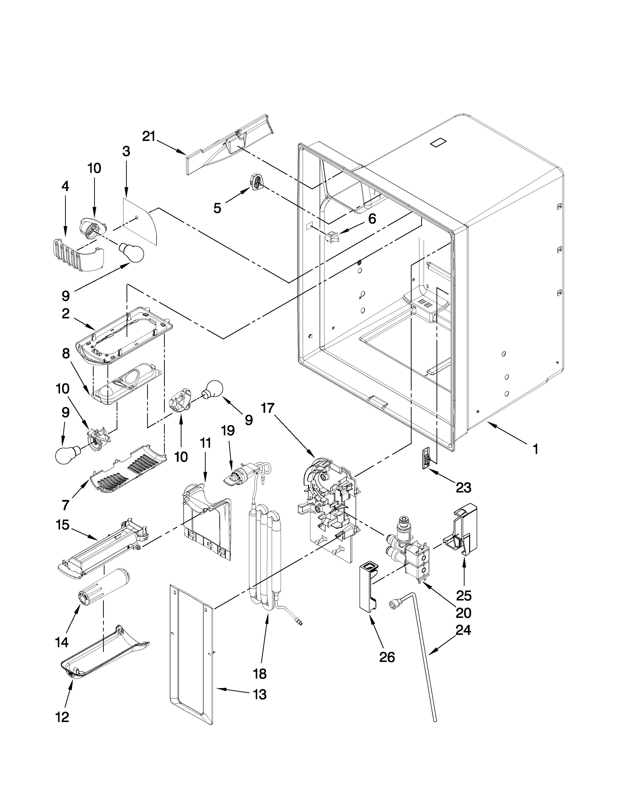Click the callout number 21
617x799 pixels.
tap(149, 137)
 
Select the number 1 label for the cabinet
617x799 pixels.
tap(535, 449)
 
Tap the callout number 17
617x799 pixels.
tap(268, 408)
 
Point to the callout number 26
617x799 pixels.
tap(387, 657)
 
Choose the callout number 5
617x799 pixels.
tap(217, 208)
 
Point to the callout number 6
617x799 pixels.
tap(372, 219)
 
